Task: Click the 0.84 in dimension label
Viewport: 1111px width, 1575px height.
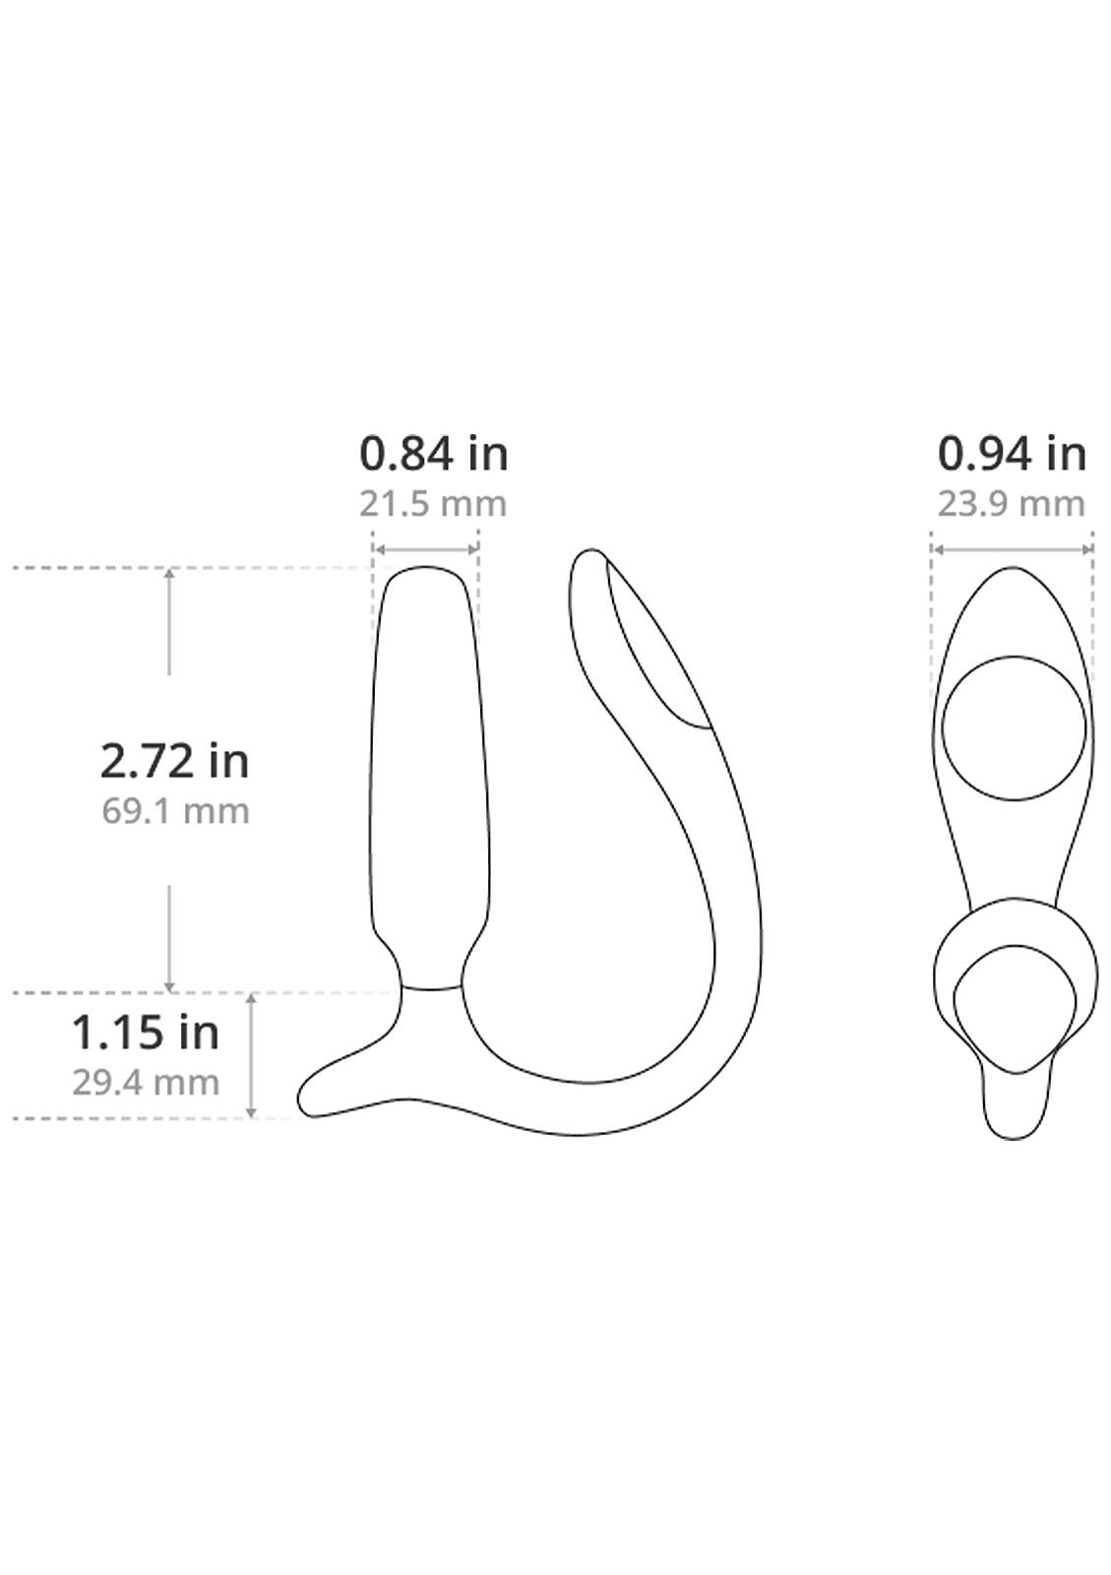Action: coord(434,454)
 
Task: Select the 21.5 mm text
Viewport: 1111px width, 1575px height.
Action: coord(433,504)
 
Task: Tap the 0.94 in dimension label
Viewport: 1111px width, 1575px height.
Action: coord(1012,454)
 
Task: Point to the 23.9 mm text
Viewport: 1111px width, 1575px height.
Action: coord(1012,504)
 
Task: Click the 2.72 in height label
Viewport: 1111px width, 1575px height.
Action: coord(175,762)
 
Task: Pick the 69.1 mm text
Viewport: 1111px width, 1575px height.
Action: coord(176,811)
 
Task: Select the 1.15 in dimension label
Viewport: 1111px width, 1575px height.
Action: coord(146,1033)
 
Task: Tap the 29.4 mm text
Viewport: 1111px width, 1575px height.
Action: coord(146,1082)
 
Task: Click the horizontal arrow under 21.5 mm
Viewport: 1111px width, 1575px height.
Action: coord(426,549)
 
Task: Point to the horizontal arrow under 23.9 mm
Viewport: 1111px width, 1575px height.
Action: coord(1013,549)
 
